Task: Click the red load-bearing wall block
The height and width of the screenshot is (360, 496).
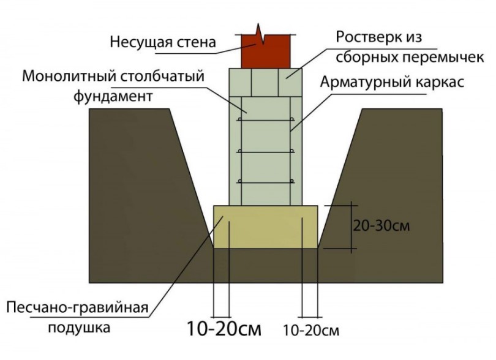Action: [265, 52]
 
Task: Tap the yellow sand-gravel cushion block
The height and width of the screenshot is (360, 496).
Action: [266, 227]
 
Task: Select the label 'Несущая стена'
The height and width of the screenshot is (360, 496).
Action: [163, 42]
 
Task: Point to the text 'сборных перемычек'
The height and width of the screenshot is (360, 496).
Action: [410, 58]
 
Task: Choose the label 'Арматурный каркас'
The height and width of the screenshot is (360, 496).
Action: [393, 82]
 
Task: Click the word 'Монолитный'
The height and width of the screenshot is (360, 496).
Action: [67, 77]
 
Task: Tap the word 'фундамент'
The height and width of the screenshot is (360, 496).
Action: [113, 96]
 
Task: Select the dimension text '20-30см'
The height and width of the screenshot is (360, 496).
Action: [381, 226]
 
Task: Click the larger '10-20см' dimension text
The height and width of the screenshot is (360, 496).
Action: [224, 328]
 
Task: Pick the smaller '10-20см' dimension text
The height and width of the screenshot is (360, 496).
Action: [311, 331]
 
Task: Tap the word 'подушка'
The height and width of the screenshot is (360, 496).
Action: [79, 328]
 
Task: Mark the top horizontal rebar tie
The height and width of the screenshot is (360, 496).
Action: [266, 120]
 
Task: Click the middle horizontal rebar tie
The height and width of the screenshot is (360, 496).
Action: [266, 151]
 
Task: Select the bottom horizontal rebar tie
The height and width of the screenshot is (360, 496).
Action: [266, 182]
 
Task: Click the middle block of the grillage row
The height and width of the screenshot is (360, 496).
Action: [265, 82]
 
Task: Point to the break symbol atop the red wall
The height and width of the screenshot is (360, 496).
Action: [260, 33]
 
